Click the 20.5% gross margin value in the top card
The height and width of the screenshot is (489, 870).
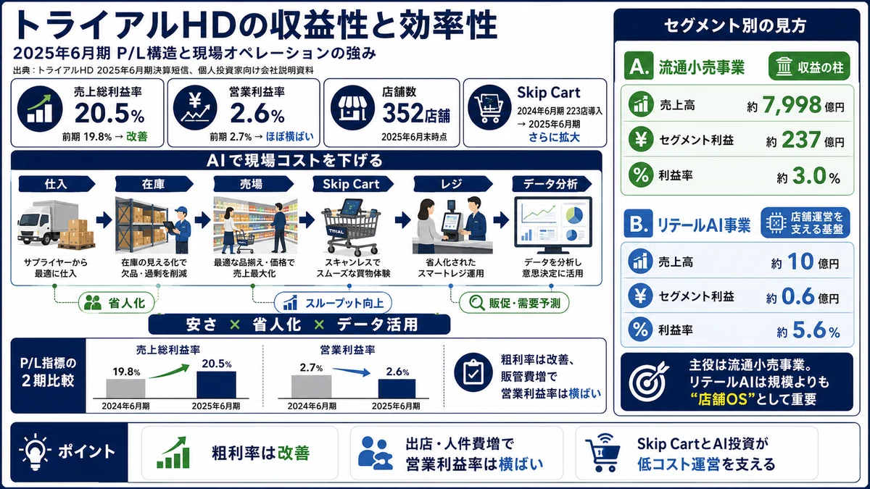coord(109,113)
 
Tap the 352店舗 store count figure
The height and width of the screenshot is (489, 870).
coord(416,113)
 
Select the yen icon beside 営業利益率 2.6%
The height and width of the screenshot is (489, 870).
coord(195,108)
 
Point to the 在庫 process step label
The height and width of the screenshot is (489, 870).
coord(154,184)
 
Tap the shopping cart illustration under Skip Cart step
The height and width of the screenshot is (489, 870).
coord(351,227)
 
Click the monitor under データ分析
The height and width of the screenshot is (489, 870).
coord(553,225)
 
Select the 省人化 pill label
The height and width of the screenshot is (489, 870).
coord(117,303)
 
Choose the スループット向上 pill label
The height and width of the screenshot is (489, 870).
coord(333,303)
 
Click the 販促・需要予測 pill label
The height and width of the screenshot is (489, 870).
coord(514,303)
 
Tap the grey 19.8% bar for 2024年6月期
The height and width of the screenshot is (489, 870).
coord(126,388)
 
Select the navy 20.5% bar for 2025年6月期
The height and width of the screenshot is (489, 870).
coord(216,385)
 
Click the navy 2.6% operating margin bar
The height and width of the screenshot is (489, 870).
coord(397,388)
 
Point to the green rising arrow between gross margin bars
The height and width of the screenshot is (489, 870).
coord(170,371)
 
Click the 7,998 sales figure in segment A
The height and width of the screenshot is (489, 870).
coord(792,105)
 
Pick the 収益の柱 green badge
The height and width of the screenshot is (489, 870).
coord(809,67)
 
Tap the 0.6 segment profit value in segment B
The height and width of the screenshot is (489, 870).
coord(797,296)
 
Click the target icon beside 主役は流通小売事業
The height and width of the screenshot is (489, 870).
coord(648,382)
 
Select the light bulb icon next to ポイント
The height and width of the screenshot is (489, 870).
coord(35,452)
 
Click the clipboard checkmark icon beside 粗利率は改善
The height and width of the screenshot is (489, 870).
coord(474,372)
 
